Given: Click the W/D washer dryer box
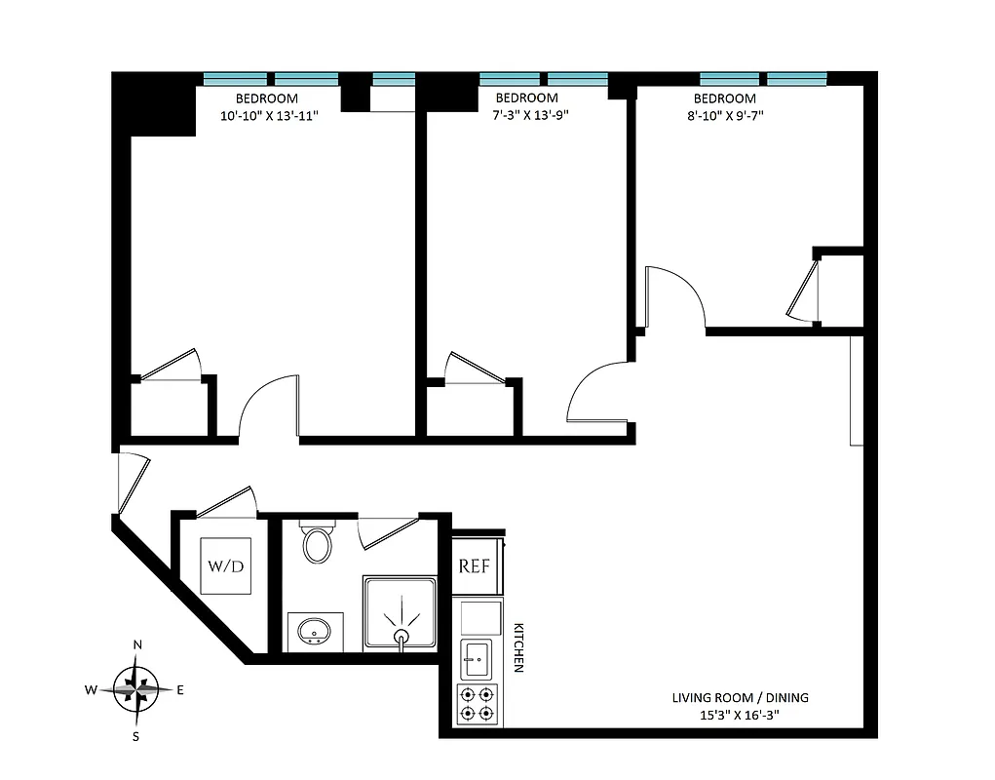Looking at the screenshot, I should coord(226,566).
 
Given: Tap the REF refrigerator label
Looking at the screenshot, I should coord(475,566).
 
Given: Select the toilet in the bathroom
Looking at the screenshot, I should coord(318,544).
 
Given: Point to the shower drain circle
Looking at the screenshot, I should coord(401,638).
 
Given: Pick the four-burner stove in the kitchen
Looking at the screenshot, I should coord(478,705).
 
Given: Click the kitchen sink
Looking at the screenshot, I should coord(478,660).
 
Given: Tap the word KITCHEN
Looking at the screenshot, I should coord(519,647).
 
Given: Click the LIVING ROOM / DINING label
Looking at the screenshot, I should coord(740,698).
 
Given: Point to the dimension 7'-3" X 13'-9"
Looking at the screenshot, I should coord(526,115).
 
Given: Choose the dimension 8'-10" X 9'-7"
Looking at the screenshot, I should coord(725,115).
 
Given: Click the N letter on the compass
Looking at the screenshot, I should coord(137,644).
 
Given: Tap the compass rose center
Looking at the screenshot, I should coord(137,689).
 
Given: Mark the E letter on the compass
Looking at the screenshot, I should coord(180,690).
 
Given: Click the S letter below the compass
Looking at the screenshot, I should coord(136,736).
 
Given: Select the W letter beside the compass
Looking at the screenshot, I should coord(91,690).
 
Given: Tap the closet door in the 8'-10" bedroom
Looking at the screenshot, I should coord(804,288).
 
